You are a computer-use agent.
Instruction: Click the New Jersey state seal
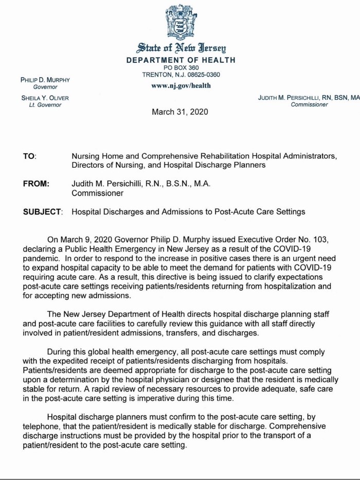[180, 23]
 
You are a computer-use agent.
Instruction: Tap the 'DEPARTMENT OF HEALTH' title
[181, 60]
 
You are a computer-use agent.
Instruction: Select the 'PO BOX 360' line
[181, 67]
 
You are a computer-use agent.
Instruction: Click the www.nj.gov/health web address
[181, 85]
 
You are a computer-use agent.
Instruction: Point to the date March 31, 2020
[180, 112]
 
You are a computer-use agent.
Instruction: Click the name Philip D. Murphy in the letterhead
[45, 80]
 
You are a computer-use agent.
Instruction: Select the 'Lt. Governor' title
[45, 105]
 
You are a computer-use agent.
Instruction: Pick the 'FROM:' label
[35, 184]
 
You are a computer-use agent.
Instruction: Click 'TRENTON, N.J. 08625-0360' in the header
[181, 75]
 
